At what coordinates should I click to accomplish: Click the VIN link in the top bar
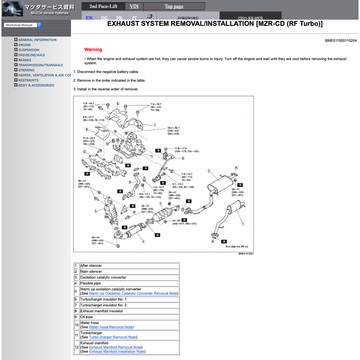click(x=134, y=6)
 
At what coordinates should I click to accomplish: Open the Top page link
click(x=174, y=6)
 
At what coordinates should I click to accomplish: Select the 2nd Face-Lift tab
click(x=103, y=6)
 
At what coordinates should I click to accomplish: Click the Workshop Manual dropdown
click(x=22, y=25)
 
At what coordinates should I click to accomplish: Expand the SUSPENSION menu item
click(x=28, y=50)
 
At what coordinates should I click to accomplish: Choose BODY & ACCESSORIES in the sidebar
click(x=36, y=85)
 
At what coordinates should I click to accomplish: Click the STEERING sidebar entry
click(x=26, y=70)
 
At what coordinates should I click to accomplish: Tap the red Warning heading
click(x=93, y=50)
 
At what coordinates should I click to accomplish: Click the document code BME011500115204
click(x=340, y=41)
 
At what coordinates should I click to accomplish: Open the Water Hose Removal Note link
click(x=110, y=327)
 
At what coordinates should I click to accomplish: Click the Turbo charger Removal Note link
click(x=112, y=337)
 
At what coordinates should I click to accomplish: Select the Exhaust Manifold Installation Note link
click(x=116, y=352)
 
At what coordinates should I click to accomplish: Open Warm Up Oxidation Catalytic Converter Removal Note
click(x=133, y=293)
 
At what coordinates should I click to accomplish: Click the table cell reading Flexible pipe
click(x=90, y=283)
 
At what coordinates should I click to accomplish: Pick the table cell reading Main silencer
click(x=91, y=271)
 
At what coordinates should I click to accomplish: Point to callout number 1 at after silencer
click(x=243, y=224)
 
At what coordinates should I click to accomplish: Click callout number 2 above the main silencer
click(x=209, y=171)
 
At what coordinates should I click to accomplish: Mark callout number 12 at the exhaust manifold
click(x=84, y=152)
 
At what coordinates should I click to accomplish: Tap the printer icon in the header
click(x=150, y=16)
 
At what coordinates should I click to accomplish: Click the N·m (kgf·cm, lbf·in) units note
click(x=237, y=247)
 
